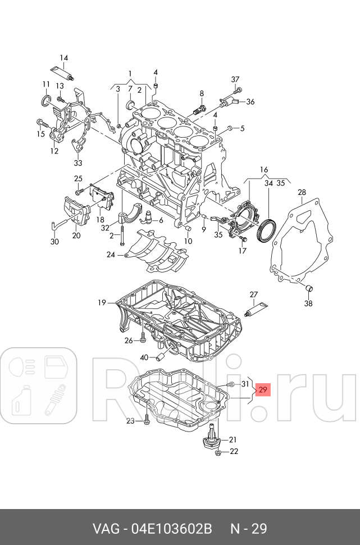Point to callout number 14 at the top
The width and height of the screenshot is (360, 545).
63,58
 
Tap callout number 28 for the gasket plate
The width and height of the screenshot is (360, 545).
302,193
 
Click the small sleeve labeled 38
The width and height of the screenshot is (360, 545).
308,289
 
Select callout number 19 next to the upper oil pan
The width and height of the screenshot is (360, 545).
102,303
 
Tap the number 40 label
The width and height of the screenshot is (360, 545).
144,357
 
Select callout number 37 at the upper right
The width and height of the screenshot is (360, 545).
235,79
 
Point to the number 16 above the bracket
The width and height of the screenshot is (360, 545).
263,169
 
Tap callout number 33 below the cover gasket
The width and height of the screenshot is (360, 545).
78,163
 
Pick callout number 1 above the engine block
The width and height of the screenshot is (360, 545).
130,74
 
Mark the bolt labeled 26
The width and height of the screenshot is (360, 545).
143,338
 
